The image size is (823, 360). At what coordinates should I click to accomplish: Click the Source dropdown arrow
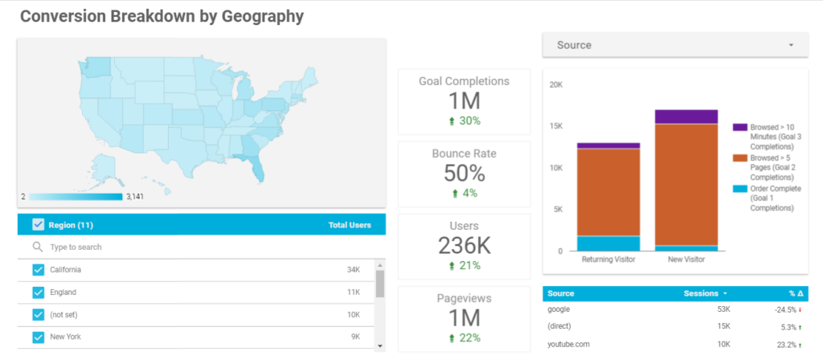click(791, 45)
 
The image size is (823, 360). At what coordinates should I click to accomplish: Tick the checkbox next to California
click(38, 270)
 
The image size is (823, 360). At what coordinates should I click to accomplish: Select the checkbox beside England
click(38, 292)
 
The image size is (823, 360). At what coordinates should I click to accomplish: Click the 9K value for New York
click(356, 337)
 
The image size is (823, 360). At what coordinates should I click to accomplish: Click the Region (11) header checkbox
click(38, 225)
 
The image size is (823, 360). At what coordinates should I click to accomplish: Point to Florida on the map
click(255, 167)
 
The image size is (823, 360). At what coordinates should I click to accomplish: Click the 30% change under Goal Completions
click(465, 121)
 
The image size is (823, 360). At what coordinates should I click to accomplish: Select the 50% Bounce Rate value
click(465, 173)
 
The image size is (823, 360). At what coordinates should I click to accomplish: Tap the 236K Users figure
click(465, 245)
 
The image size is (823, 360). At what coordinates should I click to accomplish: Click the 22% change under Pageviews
click(465, 337)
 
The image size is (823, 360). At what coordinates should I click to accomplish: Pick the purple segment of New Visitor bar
click(686, 117)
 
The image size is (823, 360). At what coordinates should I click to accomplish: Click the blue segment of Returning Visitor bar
click(608, 243)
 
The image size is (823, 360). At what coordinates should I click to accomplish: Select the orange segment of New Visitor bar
click(686, 185)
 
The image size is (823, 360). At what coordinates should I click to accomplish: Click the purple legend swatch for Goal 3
click(740, 128)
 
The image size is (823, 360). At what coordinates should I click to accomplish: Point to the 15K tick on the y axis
click(555, 126)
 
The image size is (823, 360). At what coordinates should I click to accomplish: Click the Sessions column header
click(702, 293)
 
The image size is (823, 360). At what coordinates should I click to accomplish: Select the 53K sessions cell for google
click(723, 309)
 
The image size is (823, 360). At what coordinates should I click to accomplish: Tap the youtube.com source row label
click(567, 344)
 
